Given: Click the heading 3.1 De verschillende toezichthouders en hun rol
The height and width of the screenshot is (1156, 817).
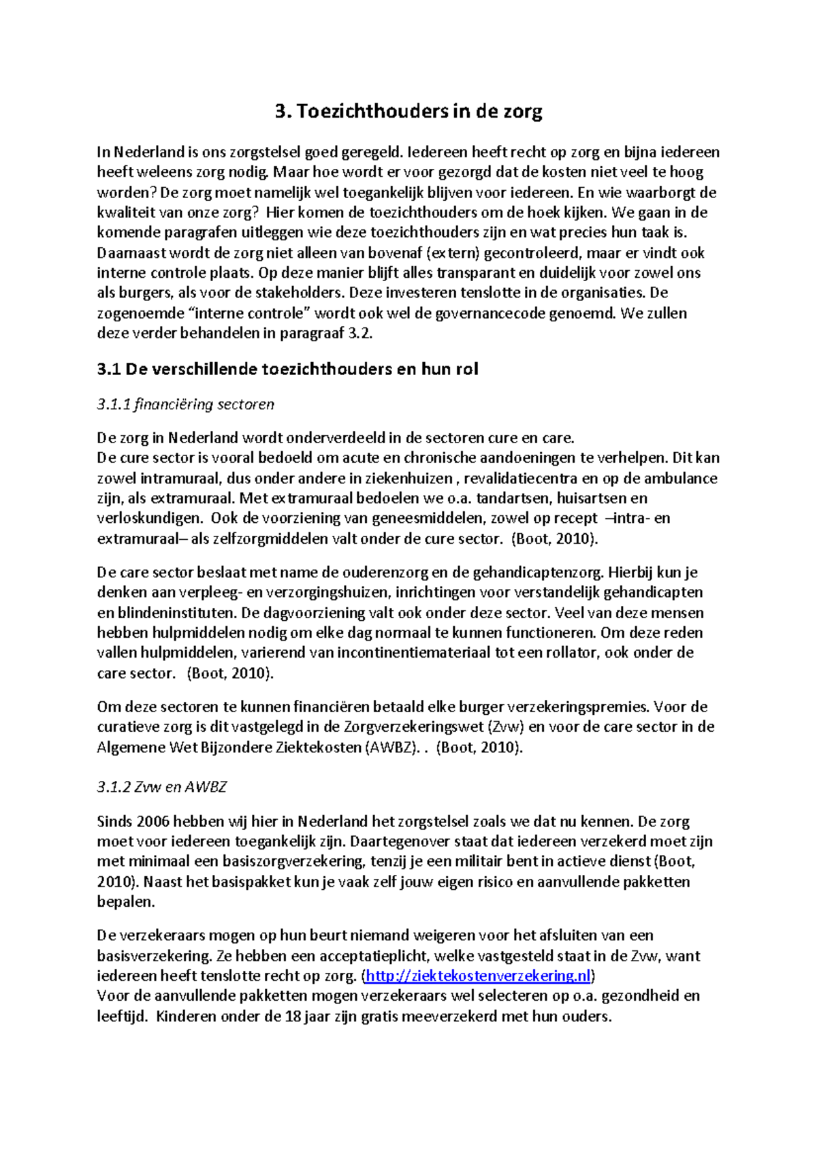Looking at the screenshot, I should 287,370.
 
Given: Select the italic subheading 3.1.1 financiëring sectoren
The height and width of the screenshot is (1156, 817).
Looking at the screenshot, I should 185,404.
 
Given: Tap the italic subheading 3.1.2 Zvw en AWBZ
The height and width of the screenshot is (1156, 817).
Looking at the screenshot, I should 161,787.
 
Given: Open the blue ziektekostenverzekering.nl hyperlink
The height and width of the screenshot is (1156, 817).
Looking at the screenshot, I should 478,976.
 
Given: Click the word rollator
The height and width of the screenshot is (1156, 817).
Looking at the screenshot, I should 572,653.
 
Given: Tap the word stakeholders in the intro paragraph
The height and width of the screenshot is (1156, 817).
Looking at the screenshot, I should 299,293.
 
